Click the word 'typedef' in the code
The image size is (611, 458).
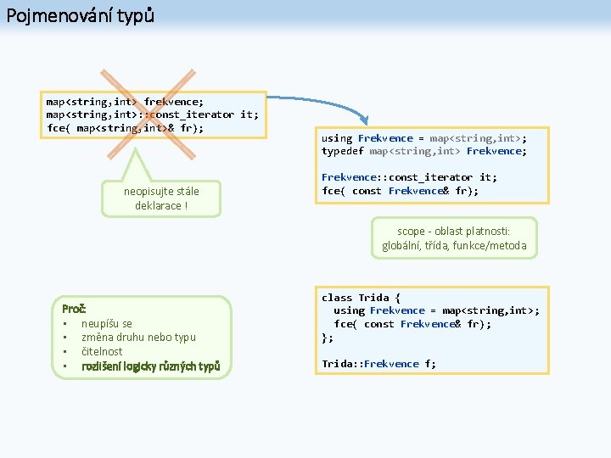[342, 152]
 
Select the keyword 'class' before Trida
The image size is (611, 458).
[337, 298]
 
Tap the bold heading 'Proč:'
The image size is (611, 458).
[75, 309]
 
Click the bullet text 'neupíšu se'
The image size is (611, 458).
[107, 323]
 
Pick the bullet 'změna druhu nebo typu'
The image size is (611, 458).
[138, 337]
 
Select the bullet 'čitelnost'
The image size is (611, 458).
[102, 351]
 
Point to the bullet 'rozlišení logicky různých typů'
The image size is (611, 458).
[151, 366]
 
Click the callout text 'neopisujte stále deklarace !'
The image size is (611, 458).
[161, 198]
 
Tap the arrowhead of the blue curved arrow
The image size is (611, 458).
[365, 122]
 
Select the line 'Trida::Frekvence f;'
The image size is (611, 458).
[378, 364]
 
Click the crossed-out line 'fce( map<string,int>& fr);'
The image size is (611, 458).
[125, 128]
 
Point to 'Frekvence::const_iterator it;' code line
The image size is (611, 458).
[409, 177]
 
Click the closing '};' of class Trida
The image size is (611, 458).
[328, 337]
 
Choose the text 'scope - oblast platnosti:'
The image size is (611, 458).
[454, 232]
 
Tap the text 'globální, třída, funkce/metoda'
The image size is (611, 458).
[454, 246]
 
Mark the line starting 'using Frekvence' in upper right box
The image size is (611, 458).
[423, 138]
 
